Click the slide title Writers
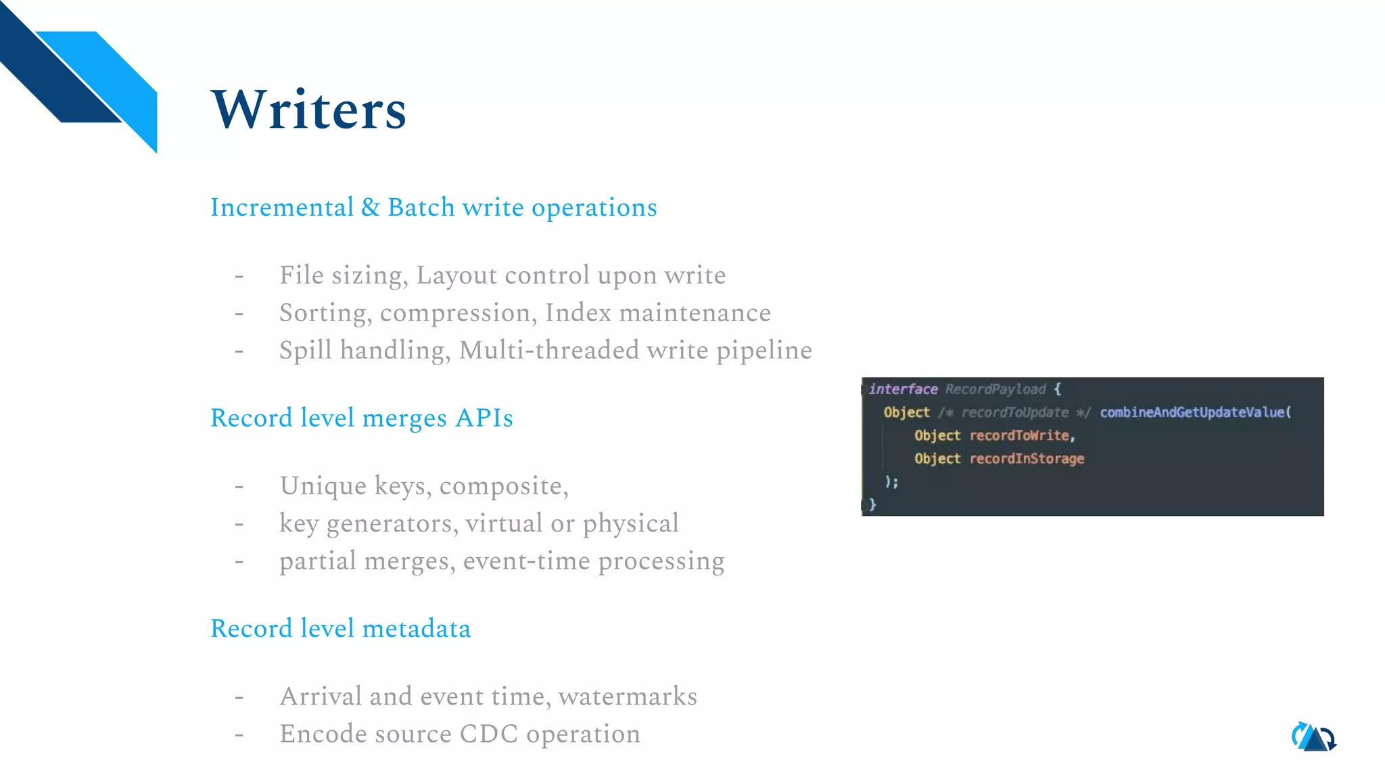click(x=308, y=110)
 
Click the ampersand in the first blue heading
click(x=370, y=208)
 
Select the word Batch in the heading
click(x=421, y=208)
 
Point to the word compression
click(x=458, y=313)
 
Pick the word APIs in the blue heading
click(x=484, y=419)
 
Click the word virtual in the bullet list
click(x=504, y=523)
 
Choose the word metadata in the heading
click(x=417, y=629)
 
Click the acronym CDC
click(x=488, y=734)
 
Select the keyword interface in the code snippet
click(x=903, y=389)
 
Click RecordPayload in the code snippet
click(x=995, y=389)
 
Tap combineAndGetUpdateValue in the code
click(x=1194, y=412)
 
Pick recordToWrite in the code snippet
click(x=1020, y=436)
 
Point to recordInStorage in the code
click(x=1027, y=459)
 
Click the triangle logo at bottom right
click(x=1314, y=737)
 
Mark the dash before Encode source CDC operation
click(x=239, y=734)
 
